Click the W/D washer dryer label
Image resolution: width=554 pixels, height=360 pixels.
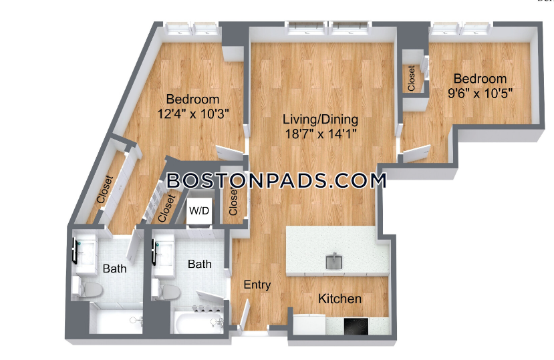click(199, 211)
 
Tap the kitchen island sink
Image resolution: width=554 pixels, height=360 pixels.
click(334, 261)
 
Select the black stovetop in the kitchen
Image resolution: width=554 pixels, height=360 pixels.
click(356, 327)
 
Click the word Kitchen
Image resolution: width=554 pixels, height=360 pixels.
click(340, 299)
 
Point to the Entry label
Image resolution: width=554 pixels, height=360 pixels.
click(257, 285)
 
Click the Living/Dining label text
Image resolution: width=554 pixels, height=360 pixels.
click(320, 120)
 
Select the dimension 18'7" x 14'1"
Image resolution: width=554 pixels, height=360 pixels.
click(320, 134)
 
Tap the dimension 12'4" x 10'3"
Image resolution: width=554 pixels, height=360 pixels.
click(193, 114)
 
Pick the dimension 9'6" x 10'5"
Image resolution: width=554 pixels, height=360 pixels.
click(480, 94)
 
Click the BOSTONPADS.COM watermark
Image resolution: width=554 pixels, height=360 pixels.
click(276, 180)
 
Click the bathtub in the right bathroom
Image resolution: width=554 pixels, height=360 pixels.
click(197, 321)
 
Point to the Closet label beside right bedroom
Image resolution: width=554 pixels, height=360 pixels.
click(411, 78)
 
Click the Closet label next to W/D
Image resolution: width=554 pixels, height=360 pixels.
click(233, 202)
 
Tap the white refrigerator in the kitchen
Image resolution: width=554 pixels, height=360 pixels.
click(309, 325)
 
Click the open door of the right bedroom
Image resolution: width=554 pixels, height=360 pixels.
click(417, 154)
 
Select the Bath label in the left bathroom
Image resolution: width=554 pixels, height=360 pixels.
click(114, 269)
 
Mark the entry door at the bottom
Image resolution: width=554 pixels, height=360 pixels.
click(244, 315)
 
